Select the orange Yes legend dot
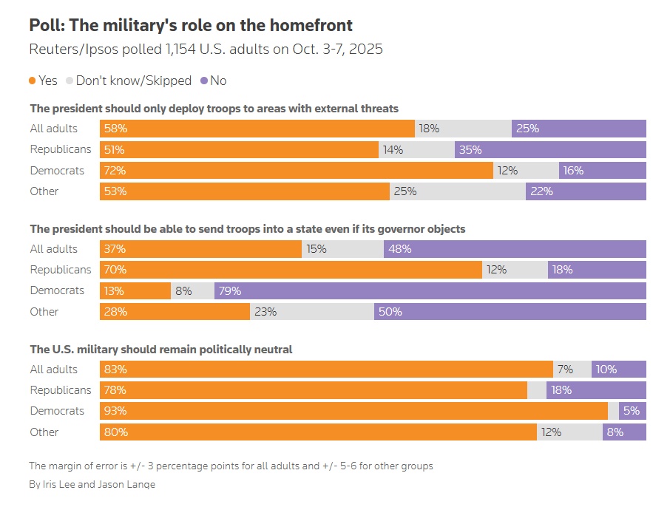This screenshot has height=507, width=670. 32,81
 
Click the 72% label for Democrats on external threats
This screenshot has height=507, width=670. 116,170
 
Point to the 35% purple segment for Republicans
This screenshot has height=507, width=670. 550,149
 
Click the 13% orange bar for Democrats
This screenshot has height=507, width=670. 135,290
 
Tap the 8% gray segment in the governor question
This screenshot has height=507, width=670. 192,290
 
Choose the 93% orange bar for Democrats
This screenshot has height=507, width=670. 353,411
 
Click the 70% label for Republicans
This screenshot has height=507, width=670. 116,270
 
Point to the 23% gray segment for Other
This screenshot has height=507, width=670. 312,311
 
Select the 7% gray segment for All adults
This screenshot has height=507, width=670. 572,369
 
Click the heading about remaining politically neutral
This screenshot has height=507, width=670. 161,349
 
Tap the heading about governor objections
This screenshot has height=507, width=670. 248,228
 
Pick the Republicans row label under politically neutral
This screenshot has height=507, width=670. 61,389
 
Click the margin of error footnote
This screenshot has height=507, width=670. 231,466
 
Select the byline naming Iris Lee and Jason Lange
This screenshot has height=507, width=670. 92,484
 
